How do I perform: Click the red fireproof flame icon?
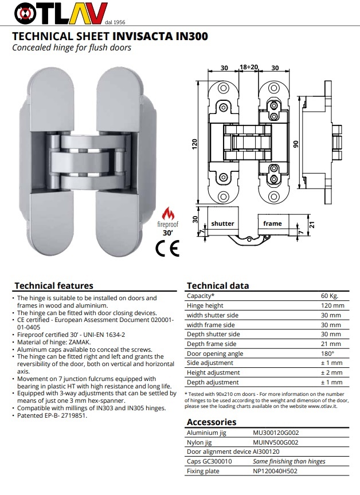pos(168,214)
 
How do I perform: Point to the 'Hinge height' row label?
pos(205,305)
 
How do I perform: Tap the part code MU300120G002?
pos(279,433)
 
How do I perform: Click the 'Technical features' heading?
pos(53,285)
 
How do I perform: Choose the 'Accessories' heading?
pos(212,422)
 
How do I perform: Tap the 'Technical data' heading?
pos(218,285)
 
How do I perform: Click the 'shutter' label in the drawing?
pos(223,223)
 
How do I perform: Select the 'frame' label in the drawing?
pos(273,223)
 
